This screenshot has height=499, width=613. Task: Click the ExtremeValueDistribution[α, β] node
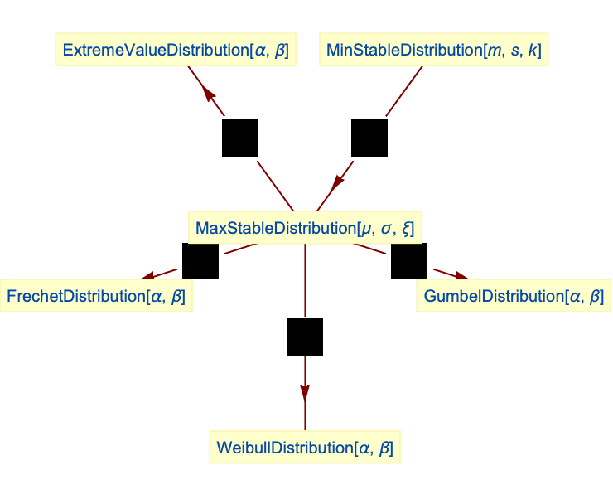tap(176, 51)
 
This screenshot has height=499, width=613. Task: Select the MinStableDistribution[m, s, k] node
tap(434, 51)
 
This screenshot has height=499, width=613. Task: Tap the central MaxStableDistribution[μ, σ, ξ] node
tap(304, 227)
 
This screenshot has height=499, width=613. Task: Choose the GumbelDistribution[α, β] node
tap(513, 296)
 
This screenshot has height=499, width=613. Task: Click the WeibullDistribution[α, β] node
tap(304, 448)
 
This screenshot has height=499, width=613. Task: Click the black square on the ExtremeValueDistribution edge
tap(240, 138)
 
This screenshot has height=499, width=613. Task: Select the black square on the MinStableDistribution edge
tap(369, 138)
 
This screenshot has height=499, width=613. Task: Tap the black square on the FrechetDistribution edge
tap(200, 260)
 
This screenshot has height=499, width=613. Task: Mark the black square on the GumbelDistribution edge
tap(409, 260)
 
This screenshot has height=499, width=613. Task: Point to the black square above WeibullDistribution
tap(305, 337)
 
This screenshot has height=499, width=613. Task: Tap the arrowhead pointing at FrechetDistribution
tap(150, 276)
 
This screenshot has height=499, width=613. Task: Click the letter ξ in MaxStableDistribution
tap(406, 228)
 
